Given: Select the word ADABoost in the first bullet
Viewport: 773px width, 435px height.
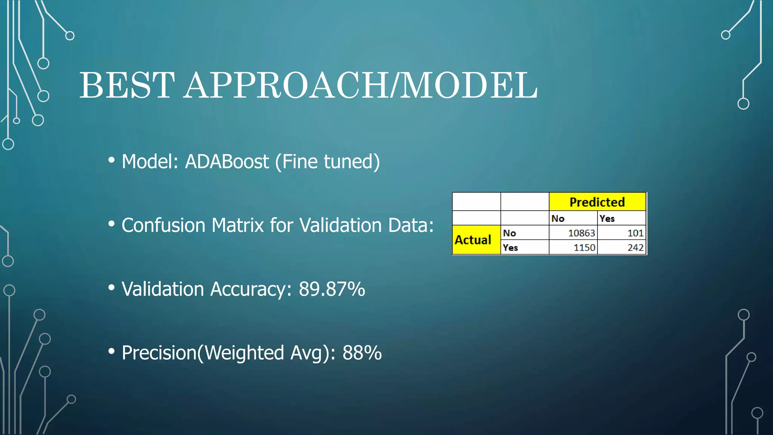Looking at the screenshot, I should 227,162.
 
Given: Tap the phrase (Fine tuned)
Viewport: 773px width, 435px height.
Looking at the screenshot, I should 327,162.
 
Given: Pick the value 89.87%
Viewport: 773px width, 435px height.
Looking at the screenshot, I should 332,289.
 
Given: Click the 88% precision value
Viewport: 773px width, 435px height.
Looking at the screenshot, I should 362,353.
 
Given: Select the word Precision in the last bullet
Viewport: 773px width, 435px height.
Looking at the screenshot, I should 159,353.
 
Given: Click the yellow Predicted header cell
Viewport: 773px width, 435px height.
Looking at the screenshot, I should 597,202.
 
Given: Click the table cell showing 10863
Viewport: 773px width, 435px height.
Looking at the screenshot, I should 573,233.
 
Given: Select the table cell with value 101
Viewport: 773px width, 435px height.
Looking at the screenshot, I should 622,233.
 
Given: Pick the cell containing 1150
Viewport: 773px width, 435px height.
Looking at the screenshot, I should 573,248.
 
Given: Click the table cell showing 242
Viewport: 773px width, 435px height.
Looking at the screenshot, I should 622,248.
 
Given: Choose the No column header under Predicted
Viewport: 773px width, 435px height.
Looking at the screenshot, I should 573,218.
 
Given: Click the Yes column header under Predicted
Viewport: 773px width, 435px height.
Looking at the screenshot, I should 621,218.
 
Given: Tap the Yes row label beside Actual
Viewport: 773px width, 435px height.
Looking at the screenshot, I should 525,248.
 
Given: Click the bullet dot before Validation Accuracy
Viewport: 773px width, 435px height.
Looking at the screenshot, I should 111,288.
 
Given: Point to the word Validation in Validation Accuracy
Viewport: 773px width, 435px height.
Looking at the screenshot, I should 163,289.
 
